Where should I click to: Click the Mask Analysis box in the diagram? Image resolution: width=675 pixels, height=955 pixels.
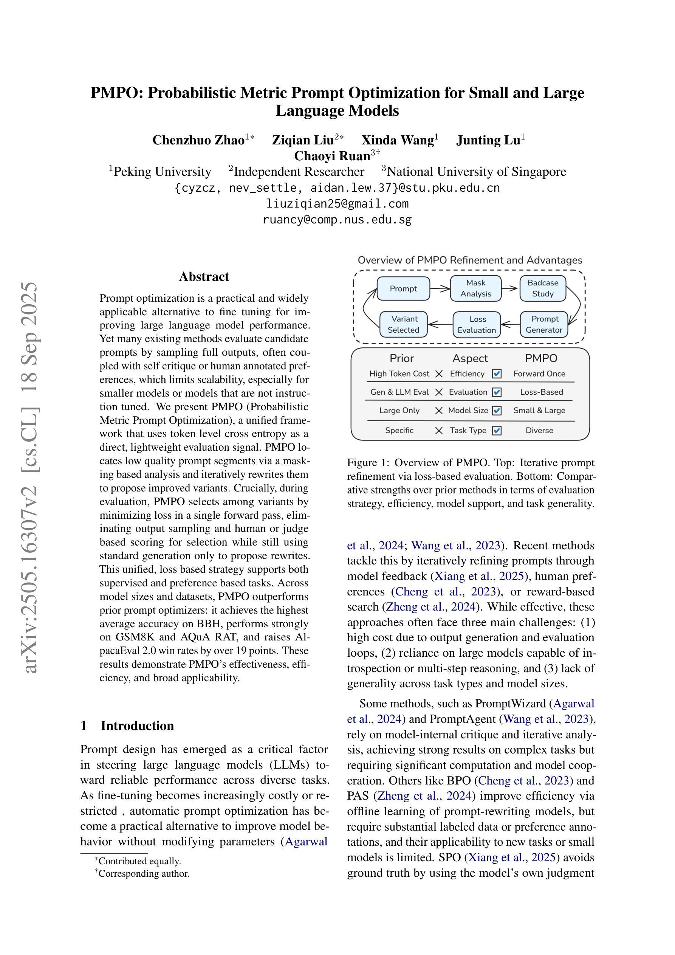tap(475, 288)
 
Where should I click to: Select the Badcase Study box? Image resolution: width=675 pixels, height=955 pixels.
tap(542, 288)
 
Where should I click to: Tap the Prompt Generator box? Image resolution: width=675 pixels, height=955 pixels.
tap(543, 324)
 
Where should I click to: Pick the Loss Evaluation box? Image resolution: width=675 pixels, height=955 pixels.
tap(477, 325)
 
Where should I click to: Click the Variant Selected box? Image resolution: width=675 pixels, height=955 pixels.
tap(403, 324)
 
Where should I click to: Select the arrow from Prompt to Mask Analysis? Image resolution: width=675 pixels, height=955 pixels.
tap(440, 288)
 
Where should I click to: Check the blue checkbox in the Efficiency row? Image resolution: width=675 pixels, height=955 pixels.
tap(497, 374)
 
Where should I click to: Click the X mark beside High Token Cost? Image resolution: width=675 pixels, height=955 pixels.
tap(439, 374)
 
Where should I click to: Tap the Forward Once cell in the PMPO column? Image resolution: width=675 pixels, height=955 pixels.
tap(539, 374)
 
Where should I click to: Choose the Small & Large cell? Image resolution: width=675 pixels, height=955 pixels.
tap(539, 411)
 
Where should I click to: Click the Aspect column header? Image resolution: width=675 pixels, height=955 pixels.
tap(470, 358)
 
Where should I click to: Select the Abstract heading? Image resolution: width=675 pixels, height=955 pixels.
tap(204, 277)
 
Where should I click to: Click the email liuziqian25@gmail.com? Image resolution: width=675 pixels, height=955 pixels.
tap(337, 204)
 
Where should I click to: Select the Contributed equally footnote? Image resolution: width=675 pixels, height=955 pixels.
tap(139, 861)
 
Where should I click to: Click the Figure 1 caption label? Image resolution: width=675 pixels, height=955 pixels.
tap(368, 462)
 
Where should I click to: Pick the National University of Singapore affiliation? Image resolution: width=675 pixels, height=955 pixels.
tap(476, 172)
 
